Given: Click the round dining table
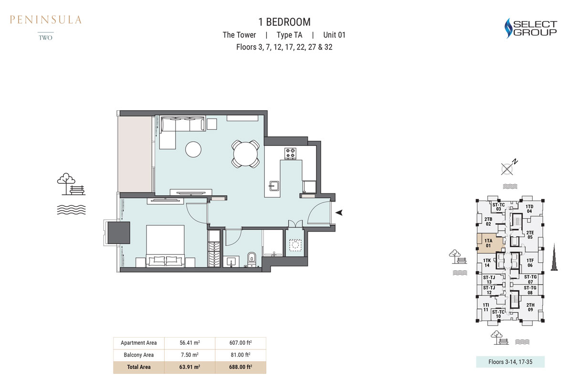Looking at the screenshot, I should point(246,153).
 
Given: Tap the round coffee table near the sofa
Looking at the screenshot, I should point(194,149).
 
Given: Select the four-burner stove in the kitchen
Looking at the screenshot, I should point(291,153).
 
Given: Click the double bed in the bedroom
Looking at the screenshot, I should point(165,246).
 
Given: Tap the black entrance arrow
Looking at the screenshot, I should point(339,213).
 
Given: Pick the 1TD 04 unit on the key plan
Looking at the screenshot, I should point(529,208).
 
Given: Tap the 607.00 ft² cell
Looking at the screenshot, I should point(241,343).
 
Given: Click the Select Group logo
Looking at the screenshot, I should point(531,28).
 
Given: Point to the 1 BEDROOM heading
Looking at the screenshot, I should point(284,22).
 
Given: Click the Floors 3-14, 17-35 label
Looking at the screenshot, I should point(510,361).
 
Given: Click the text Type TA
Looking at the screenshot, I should point(289,35).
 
